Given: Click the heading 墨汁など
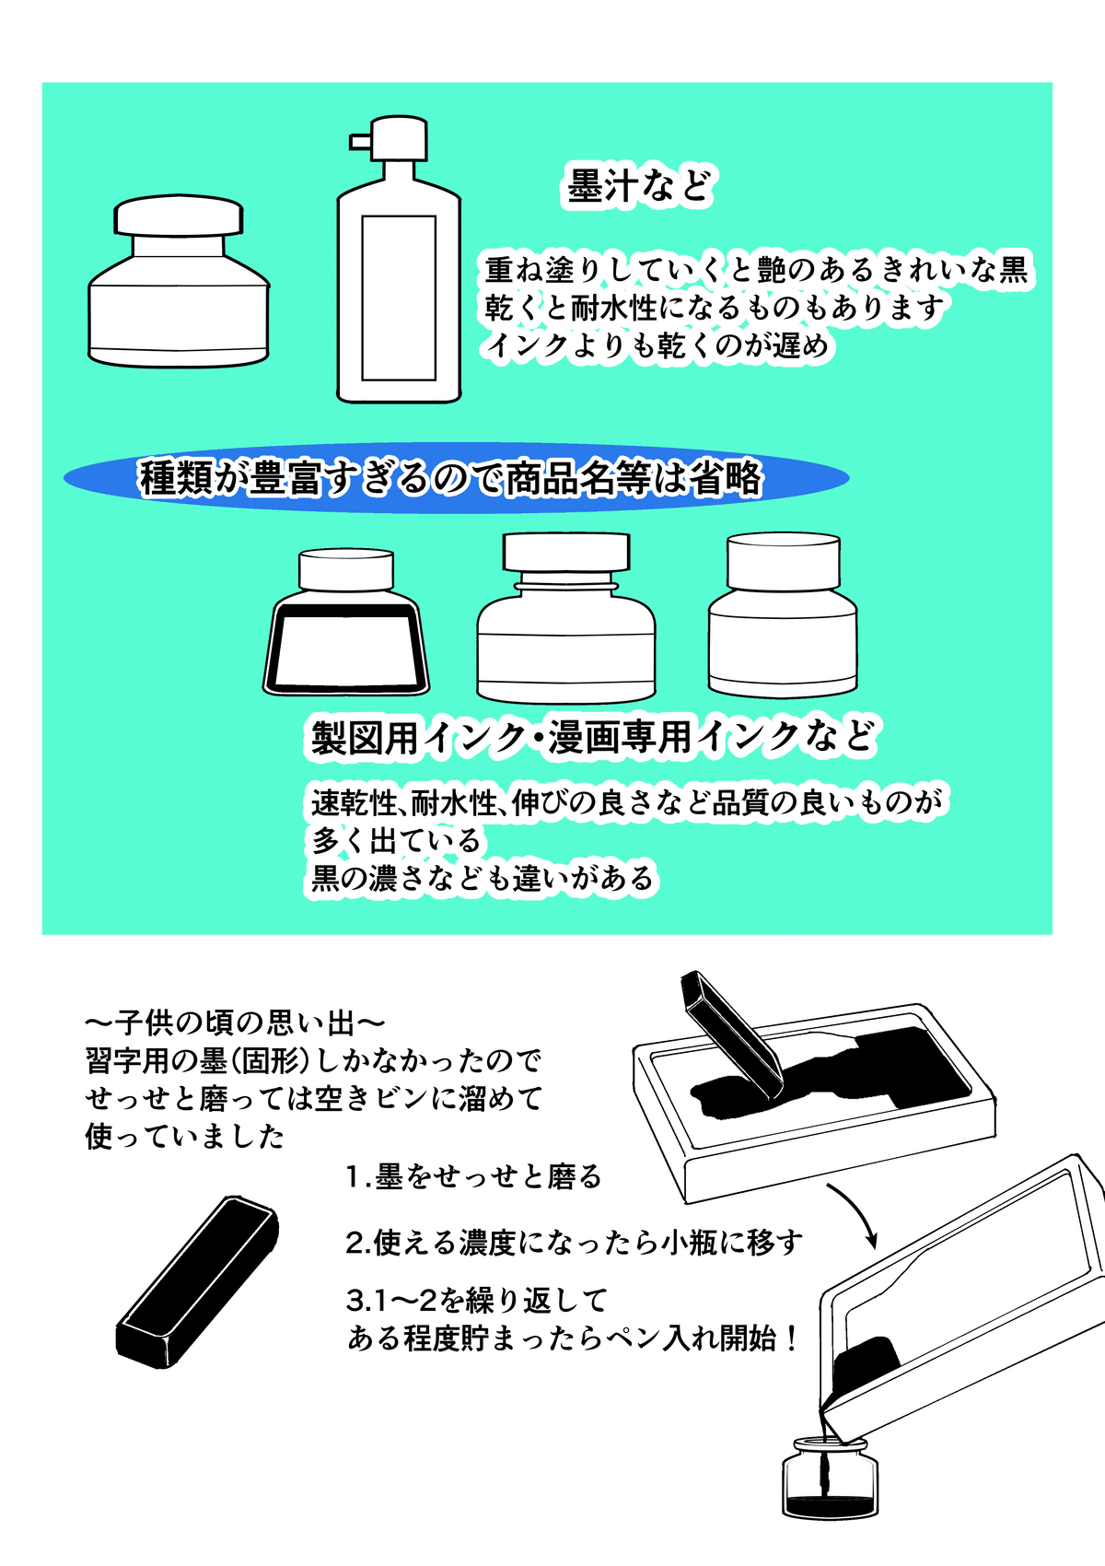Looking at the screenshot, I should tap(639, 186).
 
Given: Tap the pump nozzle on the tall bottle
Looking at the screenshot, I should tap(360, 141).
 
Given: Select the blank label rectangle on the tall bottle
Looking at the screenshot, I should tap(398, 298).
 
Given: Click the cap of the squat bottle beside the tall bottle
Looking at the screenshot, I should tap(179, 217).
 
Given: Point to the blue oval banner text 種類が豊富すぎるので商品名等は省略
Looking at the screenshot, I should tap(451, 478).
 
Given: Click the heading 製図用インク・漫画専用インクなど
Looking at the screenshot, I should tap(591, 737).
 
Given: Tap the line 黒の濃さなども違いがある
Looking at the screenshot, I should tap(481, 879).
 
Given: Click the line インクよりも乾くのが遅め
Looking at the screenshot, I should tap(657, 346).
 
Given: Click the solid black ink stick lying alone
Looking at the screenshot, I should tap(197, 1280).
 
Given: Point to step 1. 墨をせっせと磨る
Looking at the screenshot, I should tap(473, 1176).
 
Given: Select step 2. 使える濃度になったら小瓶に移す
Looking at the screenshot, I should tap(573, 1243).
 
